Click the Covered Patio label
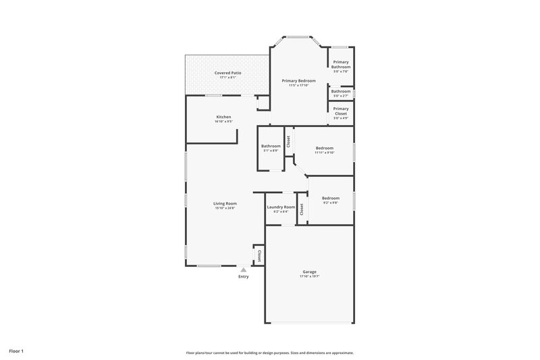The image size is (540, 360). pyautogui.click(x=227, y=72)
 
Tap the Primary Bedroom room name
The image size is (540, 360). pyautogui.click(x=298, y=80)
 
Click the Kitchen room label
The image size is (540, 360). pyautogui.click(x=223, y=117)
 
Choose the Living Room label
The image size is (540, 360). pyautogui.click(x=225, y=203)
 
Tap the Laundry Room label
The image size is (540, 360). pyautogui.click(x=281, y=207)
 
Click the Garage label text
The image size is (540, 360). pyautogui.click(x=309, y=272)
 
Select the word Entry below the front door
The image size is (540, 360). pyautogui.click(x=244, y=276)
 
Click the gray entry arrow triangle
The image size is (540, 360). pyautogui.click(x=244, y=269)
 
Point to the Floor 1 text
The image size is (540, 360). pyautogui.click(x=16, y=351)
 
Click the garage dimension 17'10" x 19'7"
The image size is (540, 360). pyautogui.click(x=309, y=276)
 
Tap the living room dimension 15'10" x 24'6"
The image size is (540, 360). pyautogui.click(x=225, y=208)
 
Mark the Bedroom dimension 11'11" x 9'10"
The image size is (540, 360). pyautogui.click(x=324, y=152)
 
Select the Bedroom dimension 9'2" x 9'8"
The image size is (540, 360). pyautogui.click(x=330, y=202)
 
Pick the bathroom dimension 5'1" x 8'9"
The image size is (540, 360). pyautogui.click(x=271, y=151)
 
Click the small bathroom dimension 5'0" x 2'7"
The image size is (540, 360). pyautogui.click(x=341, y=96)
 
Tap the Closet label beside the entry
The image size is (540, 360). pyautogui.click(x=259, y=255)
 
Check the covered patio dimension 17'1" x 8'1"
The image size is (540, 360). pyautogui.click(x=227, y=77)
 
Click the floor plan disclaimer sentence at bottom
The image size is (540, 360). pyautogui.click(x=270, y=353)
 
